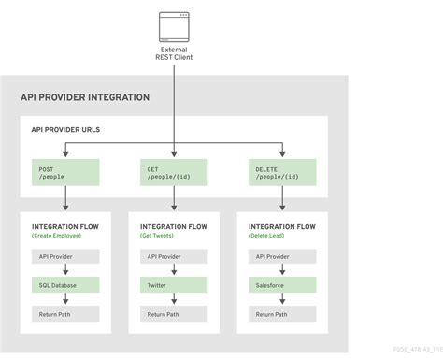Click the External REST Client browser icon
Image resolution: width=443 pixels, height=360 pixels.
click(x=174, y=22)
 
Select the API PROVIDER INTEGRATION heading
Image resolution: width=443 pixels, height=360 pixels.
click(x=85, y=97)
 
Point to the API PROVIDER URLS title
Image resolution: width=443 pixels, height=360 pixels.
click(x=66, y=130)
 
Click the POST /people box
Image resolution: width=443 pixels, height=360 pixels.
click(x=65, y=171)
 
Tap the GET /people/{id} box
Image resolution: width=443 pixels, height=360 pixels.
click(x=174, y=171)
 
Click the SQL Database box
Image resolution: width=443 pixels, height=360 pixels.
click(x=65, y=284)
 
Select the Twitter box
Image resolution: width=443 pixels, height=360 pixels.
click(x=174, y=284)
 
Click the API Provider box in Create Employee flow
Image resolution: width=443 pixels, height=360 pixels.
click(x=65, y=255)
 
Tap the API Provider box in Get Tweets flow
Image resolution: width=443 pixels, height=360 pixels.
click(x=174, y=255)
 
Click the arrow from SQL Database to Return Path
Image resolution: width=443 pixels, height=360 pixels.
click(x=65, y=298)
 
